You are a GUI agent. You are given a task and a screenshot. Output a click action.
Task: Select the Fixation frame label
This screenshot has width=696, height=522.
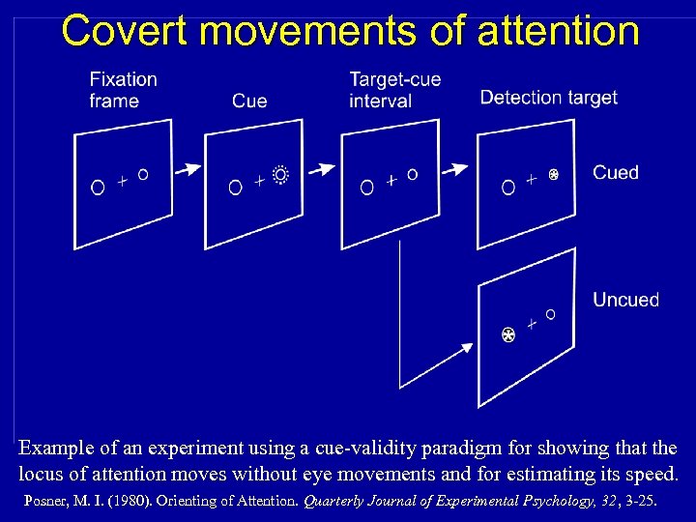pos(123,90)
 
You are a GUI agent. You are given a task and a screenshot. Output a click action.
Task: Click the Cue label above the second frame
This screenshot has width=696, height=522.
pos(249,101)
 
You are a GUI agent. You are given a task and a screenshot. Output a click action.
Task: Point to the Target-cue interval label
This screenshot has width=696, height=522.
pos(394,90)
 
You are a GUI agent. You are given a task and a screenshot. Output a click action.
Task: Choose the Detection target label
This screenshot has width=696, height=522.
pos(548,97)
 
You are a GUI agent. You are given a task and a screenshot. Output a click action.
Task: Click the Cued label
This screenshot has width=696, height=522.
pos(616,173)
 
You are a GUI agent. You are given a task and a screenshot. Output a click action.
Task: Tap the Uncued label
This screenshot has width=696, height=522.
pos(625,300)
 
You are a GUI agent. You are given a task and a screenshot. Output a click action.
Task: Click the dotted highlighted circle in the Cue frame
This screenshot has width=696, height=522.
pos(280,175)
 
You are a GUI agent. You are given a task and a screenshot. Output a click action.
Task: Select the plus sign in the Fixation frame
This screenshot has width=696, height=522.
pos(122,181)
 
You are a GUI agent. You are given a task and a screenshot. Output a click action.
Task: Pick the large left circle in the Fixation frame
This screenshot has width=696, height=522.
pos(98,188)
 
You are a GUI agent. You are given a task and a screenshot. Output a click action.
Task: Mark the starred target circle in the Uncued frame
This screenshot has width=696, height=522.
pos(507,335)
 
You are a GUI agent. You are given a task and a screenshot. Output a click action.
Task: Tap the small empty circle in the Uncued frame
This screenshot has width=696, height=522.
pos(550,313)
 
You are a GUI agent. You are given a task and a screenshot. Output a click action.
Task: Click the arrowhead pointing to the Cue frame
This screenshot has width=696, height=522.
pos(192,170)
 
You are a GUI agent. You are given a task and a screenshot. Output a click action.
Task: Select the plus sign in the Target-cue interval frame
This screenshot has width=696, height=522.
pos(391,180)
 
